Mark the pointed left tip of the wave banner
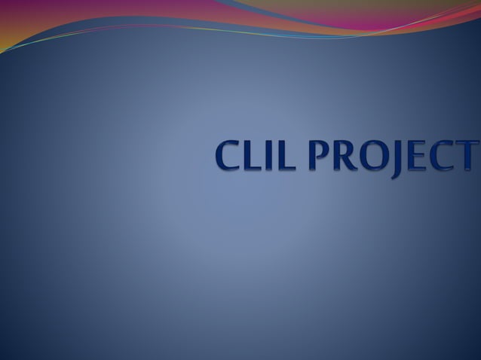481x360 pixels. click(x=2, y=52)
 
